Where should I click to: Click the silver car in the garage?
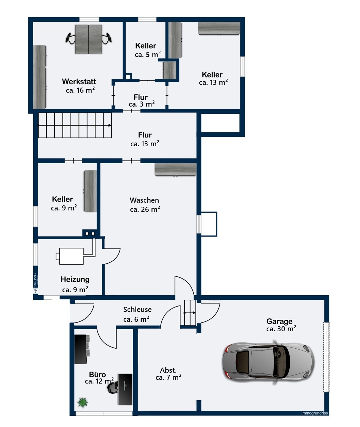(x=269, y=363)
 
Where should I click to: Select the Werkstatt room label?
(x=79, y=81)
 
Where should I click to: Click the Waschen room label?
(x=144, y=200)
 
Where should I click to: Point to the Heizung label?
(x=75, y=279)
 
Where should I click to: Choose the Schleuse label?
(x=137, y=310)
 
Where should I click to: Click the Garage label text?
(x=280, y=321)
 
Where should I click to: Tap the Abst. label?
(x=168, y=370)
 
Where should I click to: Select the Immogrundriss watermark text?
(x=314, y=413)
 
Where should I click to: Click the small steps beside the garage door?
(x=190, y=313)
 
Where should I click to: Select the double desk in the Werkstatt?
(x=88, y=39)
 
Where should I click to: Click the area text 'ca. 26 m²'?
(x=145, y=209)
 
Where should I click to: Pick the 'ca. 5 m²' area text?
(x=147, y=55)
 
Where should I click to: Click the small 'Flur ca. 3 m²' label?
(x=141, y=100)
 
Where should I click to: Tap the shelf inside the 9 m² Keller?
(x=90, y=191)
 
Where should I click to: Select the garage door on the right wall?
(x=327, y=357)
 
